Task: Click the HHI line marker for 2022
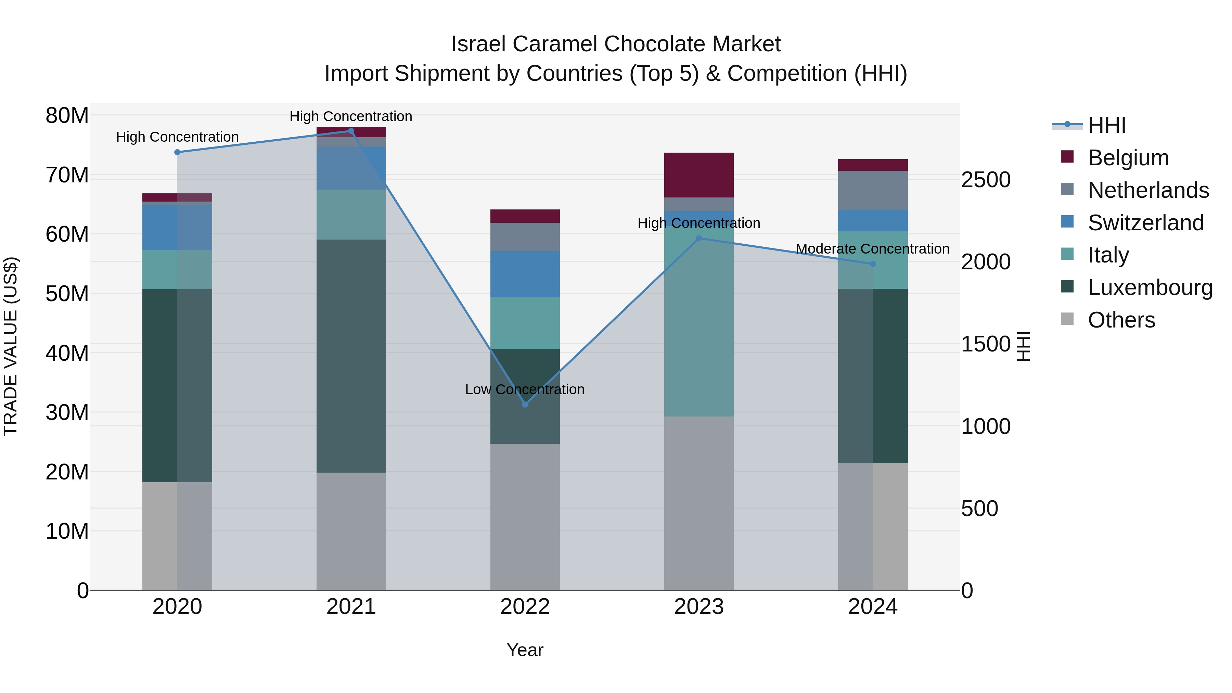(x=525, y=404)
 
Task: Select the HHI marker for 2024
(x=872, y=264)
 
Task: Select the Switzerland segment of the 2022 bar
(x=525, y=274)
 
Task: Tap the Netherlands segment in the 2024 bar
(x=872, y=190)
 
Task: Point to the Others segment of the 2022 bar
(x=525, y=516)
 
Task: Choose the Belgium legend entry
(x=1127, y=158)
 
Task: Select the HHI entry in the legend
(x=1106, y=125)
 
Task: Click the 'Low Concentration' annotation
(x=525, y=389)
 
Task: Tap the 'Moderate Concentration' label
(x=872, y=249)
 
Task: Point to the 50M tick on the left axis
(x=67, y=294)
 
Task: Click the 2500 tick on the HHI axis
(x=985, y=180)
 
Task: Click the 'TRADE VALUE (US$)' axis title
(x=11, y=346)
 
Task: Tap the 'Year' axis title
(x=525, y=650)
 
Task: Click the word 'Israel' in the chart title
(x=478, y=44)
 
